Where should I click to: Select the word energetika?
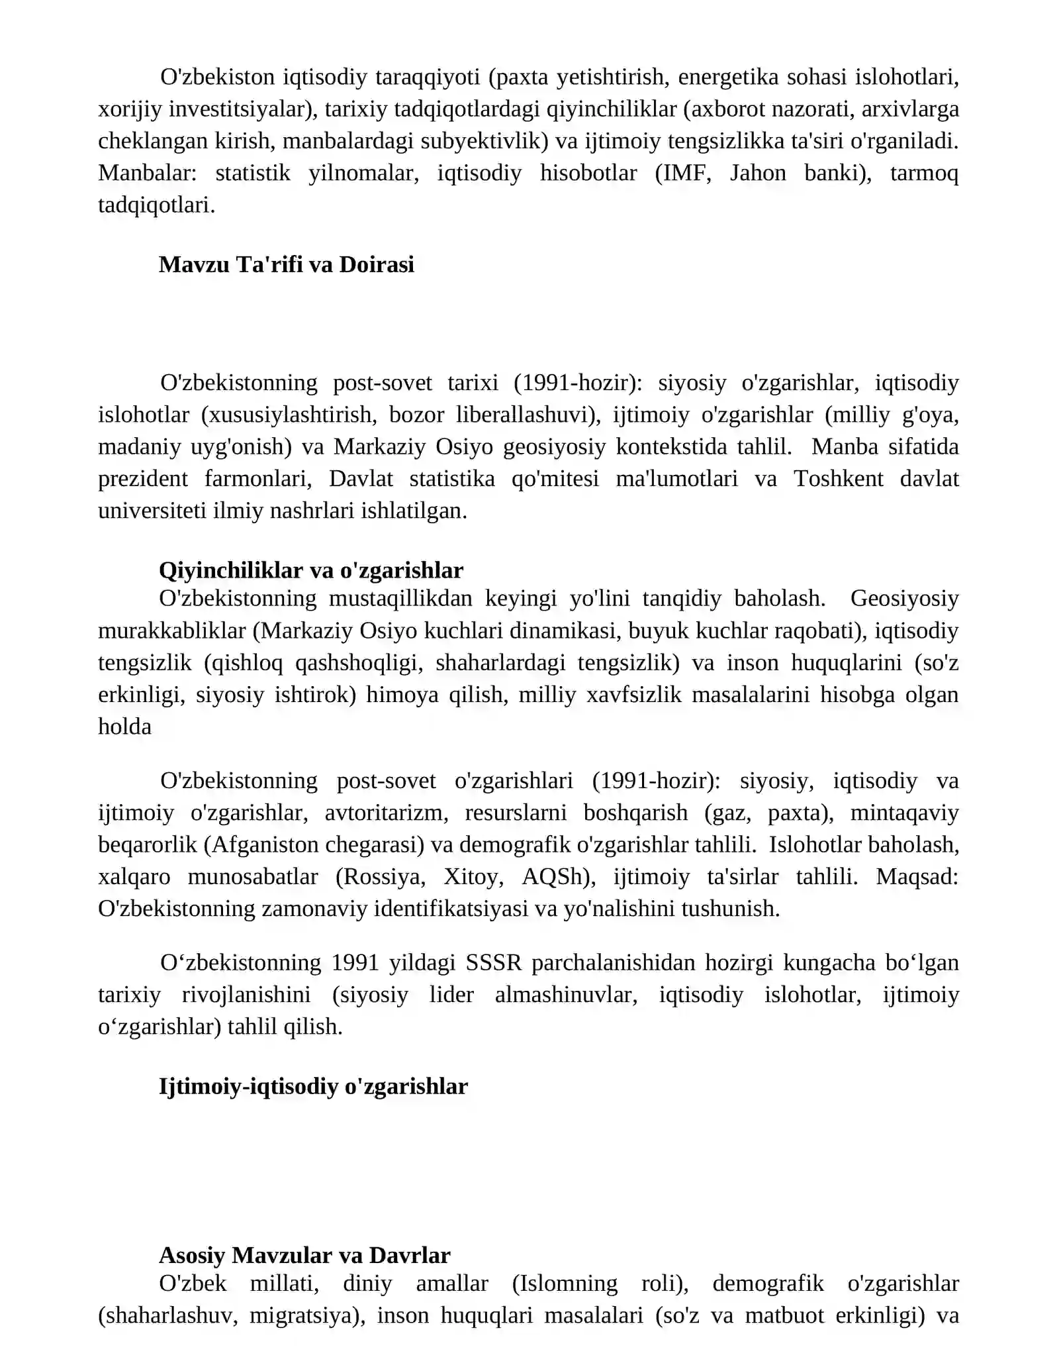(x=727, y=77)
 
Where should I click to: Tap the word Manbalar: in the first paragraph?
(x=148, y=174)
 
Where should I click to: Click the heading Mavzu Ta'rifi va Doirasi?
(x=287, y=265)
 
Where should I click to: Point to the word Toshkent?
(x=839, y=478)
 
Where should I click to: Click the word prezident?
(x=143, y=478)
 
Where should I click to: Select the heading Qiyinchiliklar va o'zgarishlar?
(x=311, y=570)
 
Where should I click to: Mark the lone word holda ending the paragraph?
(x=124, y=727)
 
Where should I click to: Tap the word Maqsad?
(x=917, y=877)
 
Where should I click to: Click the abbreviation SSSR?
(x=494, y=962)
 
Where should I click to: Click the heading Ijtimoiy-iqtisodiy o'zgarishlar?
(x=313, y=1086)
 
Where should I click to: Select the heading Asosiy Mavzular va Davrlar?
(x=304, y=1255)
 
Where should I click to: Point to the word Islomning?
(x=565, y=1284)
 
